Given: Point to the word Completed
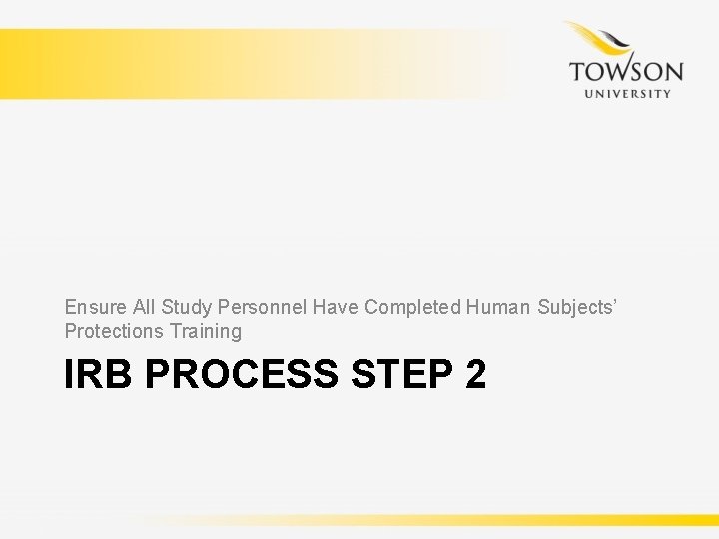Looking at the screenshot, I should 411,307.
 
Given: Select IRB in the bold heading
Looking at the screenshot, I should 99,375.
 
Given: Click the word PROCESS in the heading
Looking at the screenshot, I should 243,375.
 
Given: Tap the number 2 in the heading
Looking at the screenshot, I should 475,375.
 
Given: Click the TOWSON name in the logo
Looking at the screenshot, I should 626,73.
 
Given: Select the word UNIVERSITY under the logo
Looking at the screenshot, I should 626,94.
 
